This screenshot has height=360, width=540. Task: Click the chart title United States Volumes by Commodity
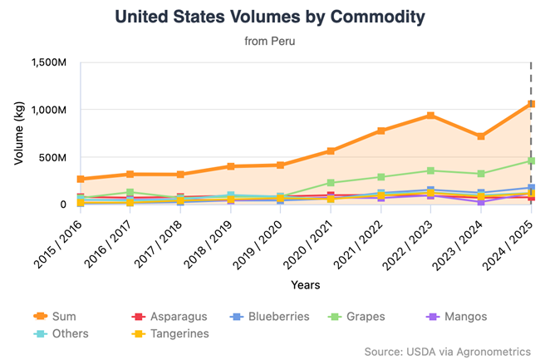pyautogui.click(x=269, y=17)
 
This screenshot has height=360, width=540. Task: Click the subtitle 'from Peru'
pyautogui.click(x=269, y=40)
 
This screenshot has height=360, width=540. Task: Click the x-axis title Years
pyautogui.click(x=306, y=285)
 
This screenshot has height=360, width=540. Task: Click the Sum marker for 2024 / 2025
pyautogui.click(x=531, y=104)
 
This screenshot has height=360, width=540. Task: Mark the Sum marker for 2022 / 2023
pyautogui.click(x=430, y=116)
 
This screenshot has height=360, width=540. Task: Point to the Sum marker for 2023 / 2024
pyautogui.click(x=481, y=136)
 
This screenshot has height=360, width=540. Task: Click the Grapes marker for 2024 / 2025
pyautogui.click(x=531, y=160)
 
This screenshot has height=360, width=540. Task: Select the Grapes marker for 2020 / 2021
pyautogui.click(x=331, y=183)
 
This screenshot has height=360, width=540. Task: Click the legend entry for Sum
pyautogui.click(x=57, y=317)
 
